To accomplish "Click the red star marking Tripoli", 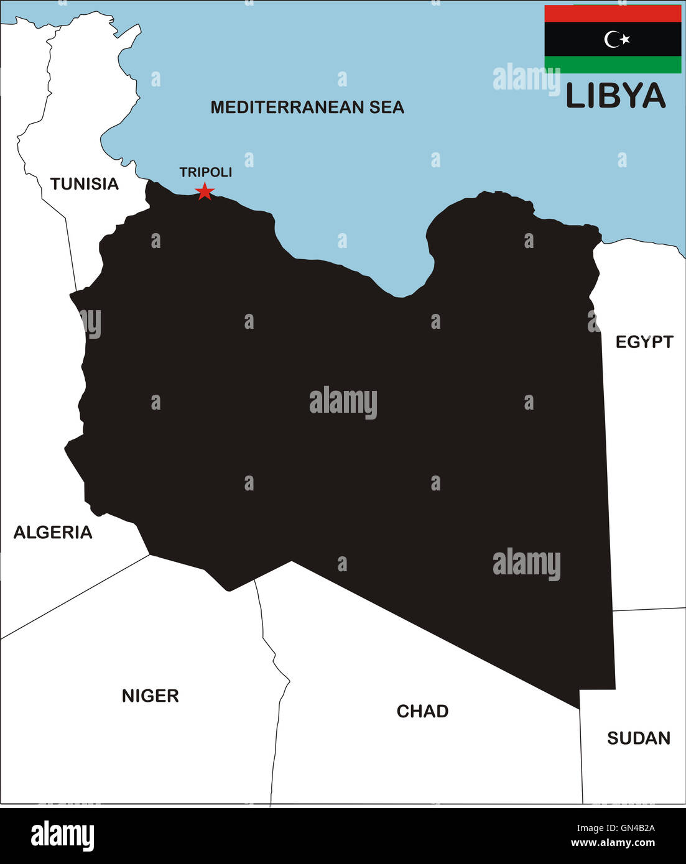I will click(205, 191).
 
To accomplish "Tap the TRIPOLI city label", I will click(205, 172).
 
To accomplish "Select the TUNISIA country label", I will click(84, 184).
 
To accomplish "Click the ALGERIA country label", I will click(53, 533).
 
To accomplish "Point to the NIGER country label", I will click(150, 696).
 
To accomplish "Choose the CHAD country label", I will click(422, 711).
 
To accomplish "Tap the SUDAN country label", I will click(639, 738).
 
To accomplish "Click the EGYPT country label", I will click(644, 342).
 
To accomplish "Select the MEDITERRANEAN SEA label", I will click(307, 108).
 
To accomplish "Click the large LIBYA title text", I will click(615, 96).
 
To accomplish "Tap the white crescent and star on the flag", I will click(616, 39).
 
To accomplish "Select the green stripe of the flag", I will click(613, 65).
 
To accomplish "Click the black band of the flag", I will click(572, 39).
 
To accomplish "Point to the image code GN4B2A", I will click(615, 828).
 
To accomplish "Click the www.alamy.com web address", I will click(613, 843).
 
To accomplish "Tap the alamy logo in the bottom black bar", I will click(63, 835).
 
